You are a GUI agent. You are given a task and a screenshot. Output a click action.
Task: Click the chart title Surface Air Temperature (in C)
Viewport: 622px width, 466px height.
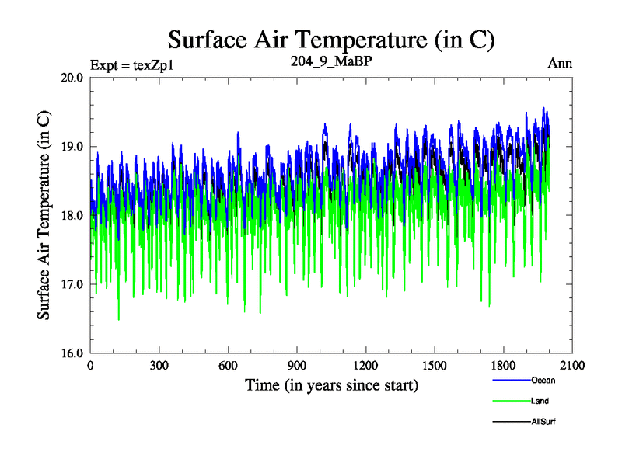coord(331,39)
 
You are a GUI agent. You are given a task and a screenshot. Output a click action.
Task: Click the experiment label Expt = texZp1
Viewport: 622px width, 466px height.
coord(131,64)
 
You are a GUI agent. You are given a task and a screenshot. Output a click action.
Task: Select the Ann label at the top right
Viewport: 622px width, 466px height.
coord(560,64)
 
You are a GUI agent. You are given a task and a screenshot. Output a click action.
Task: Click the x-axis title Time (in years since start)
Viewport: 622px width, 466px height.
coord(331,385)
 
